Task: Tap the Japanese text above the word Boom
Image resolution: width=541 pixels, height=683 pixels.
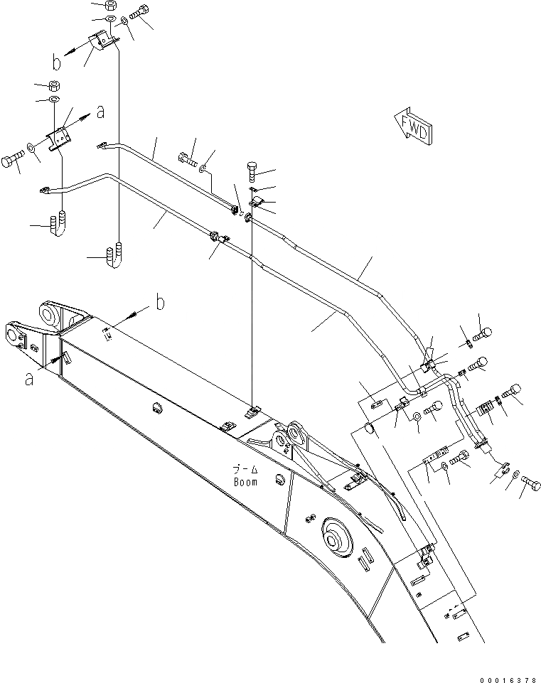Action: [245, 470]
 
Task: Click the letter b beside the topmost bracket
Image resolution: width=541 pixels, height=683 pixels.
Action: [57, 63]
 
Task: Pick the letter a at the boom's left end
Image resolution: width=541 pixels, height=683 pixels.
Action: [29, 379]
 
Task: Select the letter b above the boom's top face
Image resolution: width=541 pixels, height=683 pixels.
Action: [160, 303]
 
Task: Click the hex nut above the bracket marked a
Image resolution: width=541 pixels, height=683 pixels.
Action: [54, 85]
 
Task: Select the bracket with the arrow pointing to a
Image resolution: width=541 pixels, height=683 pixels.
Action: [60, 136]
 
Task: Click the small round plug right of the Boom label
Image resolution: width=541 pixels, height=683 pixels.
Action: [279, 475]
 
